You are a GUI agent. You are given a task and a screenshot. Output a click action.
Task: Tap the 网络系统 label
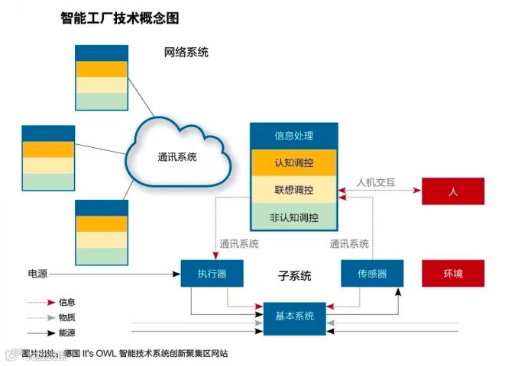pyautogui.click(x=186, y=53)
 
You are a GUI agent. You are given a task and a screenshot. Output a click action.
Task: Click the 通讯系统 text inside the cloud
pyautogui.click(x=178, y=157)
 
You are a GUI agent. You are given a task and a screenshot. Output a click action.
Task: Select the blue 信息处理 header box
pyautogui.click(x=294, y=136)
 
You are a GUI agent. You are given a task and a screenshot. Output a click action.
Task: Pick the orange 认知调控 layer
pyautogui.click(x=294, y=163)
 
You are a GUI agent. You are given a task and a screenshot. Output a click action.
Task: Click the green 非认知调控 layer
pyautogui.click(x=294, y=217)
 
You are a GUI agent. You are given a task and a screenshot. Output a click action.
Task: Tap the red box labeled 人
pyautogui.click(x=453, y=191)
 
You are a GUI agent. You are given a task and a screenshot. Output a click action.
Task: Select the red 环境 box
pyautogui.click(x=453, y=273)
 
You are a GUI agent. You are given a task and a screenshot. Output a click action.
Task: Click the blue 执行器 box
pyautogui.click(x=212, y=273)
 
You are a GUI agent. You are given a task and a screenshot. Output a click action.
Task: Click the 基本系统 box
pyautogui.click(x=294, y=316)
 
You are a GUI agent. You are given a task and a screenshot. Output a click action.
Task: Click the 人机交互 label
pyautogui.click(x=376, y=183)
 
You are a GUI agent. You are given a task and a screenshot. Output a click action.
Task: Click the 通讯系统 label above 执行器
pyautogui.click(x=239, y=245)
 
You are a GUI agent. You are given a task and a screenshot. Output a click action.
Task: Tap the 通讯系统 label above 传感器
pyautogui.click(x=349, y=245)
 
